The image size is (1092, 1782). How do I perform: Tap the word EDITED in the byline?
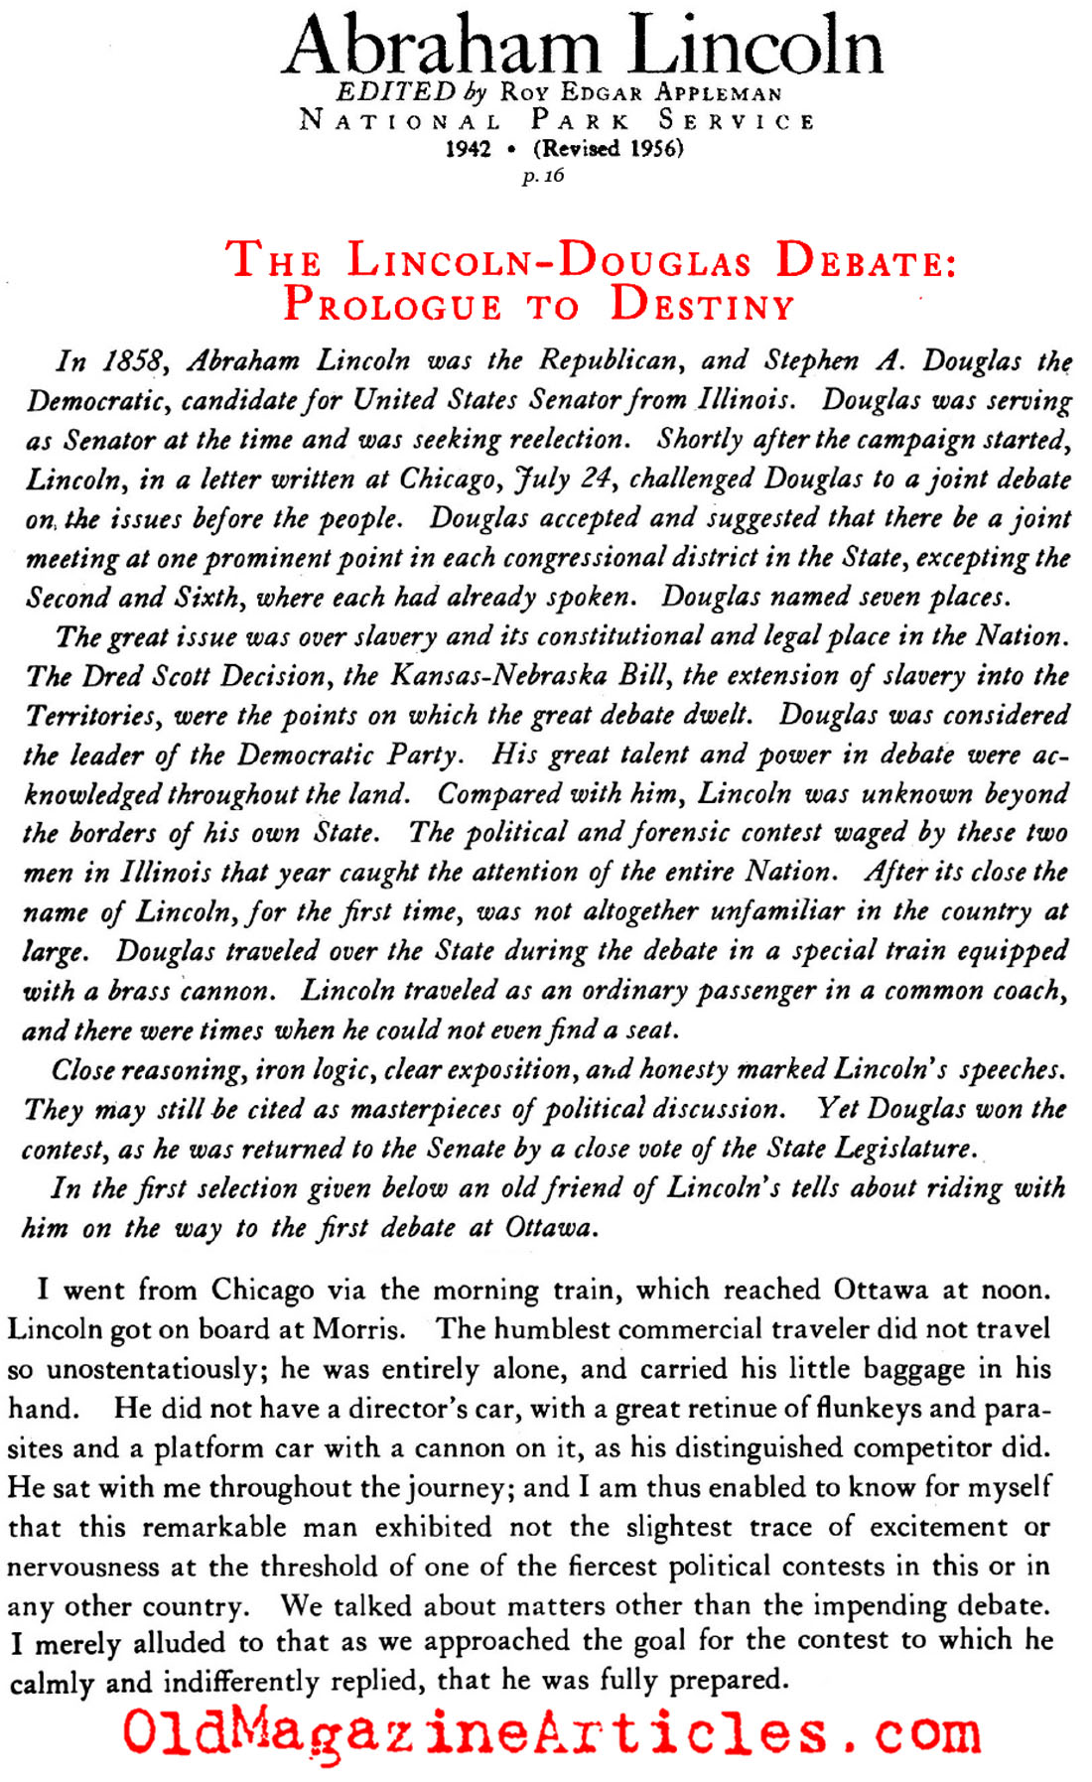(x=396, y=92)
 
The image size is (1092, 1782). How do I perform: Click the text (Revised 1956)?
(x=609, y=149)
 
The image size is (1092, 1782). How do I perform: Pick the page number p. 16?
(x=543, y=176)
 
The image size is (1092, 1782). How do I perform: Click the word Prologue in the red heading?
(x=393, y=304)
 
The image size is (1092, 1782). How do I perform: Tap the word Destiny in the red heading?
(x=703, y=304)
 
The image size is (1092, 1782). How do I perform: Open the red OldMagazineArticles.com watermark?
(x=551, y=1733)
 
